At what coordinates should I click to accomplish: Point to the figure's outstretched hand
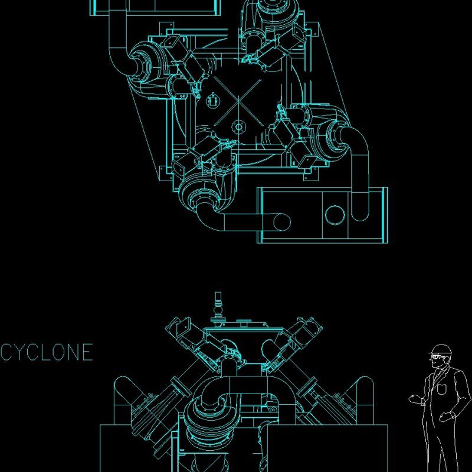416,399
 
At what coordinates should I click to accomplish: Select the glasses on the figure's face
437,356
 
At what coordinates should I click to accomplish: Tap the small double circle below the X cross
238,126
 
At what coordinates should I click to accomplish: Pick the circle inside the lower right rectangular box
334,214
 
